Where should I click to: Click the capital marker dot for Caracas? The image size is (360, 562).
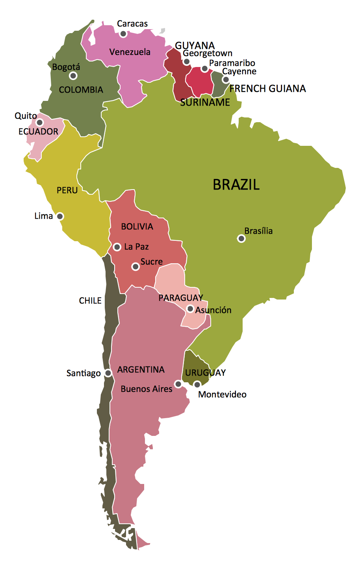coord(123,34)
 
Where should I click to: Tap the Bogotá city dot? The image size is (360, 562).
coord(73,76)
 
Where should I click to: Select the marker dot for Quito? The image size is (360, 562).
coord(39,122)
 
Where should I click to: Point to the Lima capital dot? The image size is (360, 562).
coord(60,216)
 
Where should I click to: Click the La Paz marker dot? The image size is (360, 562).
coord(117,247)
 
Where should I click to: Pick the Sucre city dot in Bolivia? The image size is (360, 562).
coord(135,267)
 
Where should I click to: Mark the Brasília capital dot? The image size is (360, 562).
coord(241,238)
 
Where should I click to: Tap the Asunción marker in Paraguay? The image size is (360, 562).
coord(190,309)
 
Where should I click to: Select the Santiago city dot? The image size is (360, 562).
coord(108,373)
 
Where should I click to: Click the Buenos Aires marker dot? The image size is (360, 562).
coord(178,384)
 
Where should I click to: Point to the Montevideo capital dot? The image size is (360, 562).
coord(197,384)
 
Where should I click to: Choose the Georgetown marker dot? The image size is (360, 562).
coord(187,61)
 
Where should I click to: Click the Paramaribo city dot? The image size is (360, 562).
coord(204,69)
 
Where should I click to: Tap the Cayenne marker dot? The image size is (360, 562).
coord(225,80)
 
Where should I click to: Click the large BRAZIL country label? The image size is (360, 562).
coord(236,184)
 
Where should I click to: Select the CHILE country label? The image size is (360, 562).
coord(90,301)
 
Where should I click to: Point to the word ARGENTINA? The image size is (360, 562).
coord(141,370)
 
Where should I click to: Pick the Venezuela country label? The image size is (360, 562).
coord(130,52)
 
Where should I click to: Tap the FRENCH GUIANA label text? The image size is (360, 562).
coord(268,89)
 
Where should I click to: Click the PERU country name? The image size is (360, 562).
coord(67,190)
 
